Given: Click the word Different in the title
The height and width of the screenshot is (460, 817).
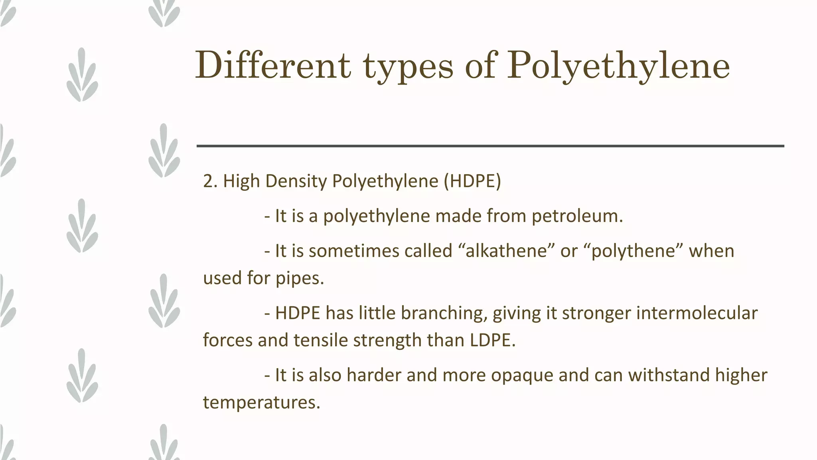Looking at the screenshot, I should (x=273, y=65).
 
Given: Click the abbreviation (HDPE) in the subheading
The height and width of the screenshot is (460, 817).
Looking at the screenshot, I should (x=472, y=181).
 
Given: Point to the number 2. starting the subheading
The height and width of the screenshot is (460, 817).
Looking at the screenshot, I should (x=210, y=181).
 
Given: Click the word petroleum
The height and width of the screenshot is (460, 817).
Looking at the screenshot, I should (x=577, y=216).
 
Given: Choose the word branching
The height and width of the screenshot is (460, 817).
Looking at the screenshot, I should (x=444, y=313).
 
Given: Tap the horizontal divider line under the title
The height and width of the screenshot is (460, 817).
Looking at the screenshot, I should (x=490, y=146).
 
